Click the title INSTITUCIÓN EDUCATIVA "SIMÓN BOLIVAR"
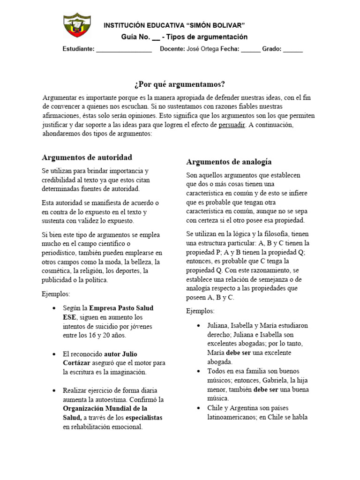174,25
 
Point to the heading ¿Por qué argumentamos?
180,84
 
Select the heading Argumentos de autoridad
87,157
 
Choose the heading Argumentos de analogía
229,162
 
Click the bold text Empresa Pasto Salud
121,308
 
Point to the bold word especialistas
140,417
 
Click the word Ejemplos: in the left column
56,294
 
